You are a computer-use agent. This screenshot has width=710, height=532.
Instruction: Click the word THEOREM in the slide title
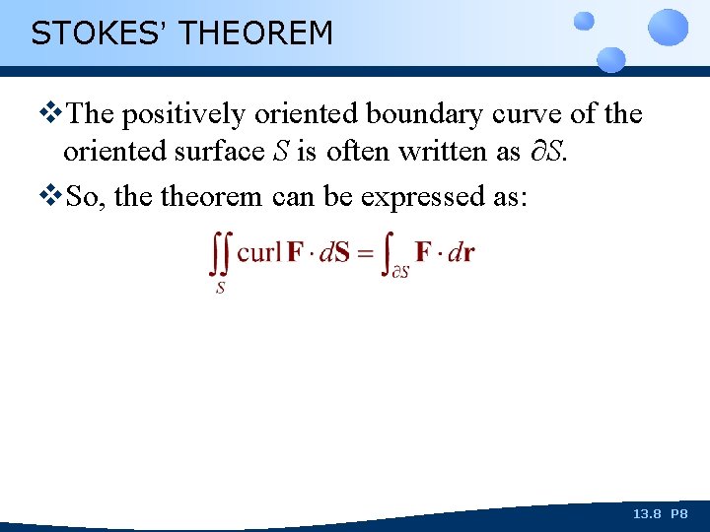(x=256, y=33)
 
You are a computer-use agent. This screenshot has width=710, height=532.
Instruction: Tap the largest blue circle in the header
(x=670, y=27)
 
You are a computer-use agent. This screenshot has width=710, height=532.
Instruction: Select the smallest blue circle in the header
(x=584, y=20)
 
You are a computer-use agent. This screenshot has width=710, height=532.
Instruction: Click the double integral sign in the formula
(x=221, y=255)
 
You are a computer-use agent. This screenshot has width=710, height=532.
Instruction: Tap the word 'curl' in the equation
(x=258, y=251)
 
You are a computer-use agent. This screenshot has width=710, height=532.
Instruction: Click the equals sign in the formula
(x=363, y=252)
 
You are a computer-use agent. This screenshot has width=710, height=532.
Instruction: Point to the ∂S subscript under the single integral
(x=399, y=272)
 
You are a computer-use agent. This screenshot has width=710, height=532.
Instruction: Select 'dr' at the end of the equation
(x=461, y=251)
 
